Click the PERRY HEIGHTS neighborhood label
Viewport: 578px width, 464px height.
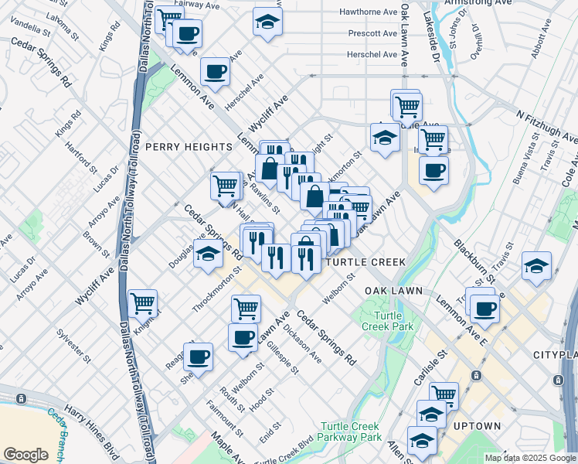[189, 147]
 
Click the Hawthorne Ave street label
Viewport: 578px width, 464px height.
[372, 12]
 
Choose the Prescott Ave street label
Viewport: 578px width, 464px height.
[372, 34]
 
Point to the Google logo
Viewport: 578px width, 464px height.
[25, 455]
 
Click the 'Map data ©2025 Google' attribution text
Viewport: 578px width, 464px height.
[529, 458]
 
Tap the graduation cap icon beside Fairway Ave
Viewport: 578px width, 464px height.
[267, 22]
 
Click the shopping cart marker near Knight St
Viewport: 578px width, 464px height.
[143, 303]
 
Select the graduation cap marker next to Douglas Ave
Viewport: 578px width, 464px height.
[208, 253]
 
